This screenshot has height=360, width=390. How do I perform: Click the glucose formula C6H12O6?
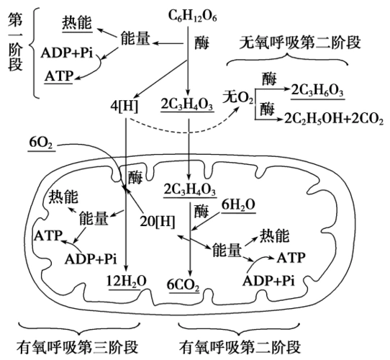click(194, 15)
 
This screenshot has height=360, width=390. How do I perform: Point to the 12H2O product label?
click(127, 280)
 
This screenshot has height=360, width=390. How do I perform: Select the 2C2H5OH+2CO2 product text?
click(332, 117)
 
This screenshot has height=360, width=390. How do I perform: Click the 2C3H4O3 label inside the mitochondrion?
click(190, 189)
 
